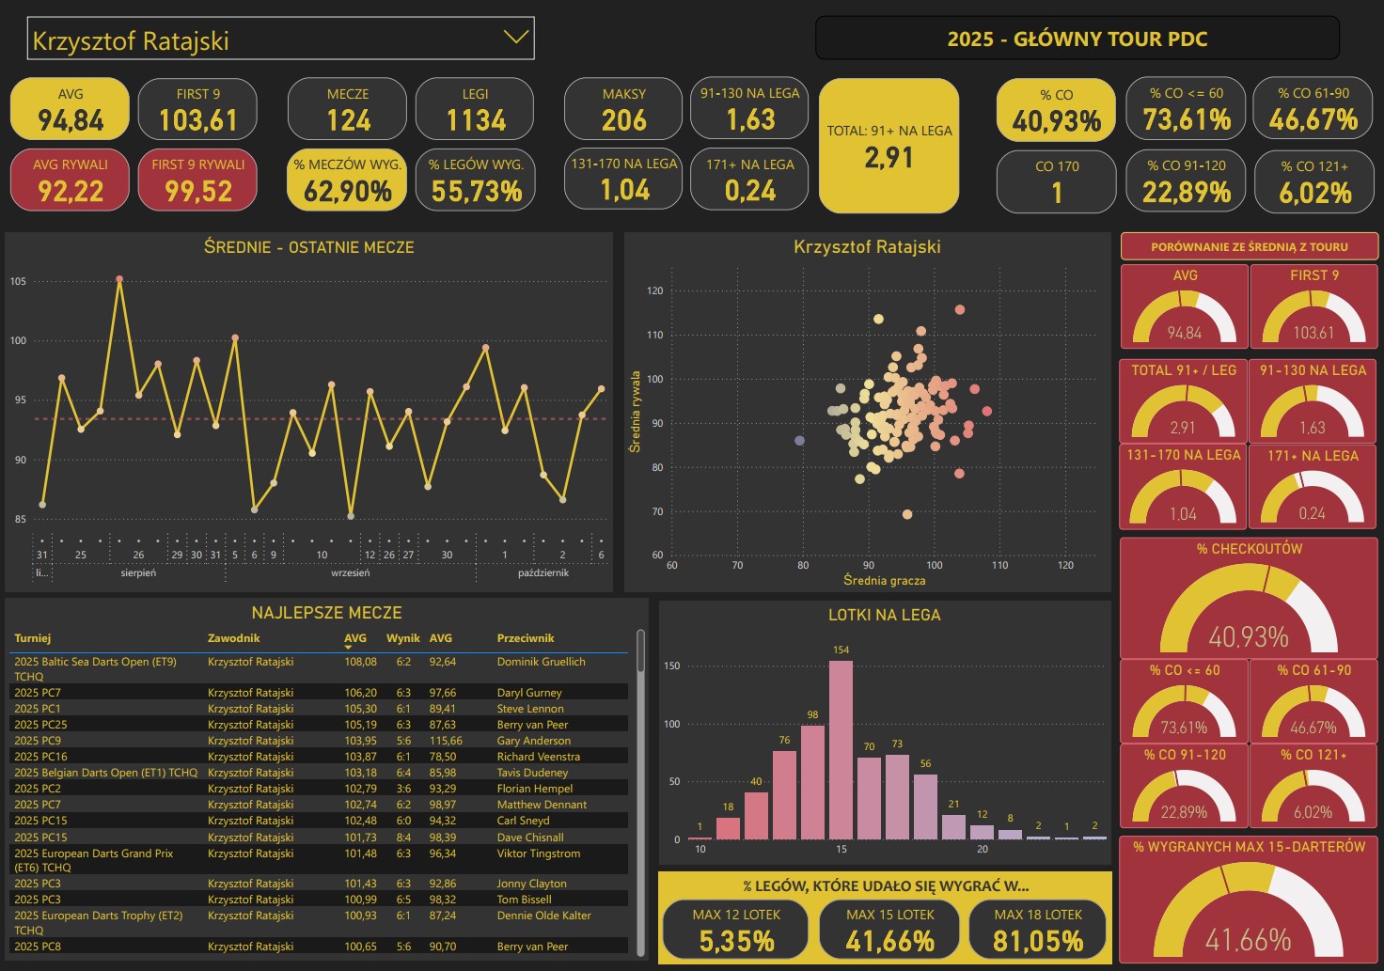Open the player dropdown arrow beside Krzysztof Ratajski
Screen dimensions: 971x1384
point(515,38)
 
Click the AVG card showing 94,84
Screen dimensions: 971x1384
point(70,109)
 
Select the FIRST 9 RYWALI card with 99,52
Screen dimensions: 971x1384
point(197,180)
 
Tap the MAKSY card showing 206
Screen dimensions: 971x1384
point(623,109)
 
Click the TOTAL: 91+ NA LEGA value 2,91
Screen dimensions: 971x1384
point(889,157)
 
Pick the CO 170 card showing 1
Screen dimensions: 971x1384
point(1057,181)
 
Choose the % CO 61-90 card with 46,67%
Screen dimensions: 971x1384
point(1313,109)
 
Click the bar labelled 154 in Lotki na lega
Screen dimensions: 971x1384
point(841,750)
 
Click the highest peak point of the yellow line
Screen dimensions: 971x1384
point(119,279)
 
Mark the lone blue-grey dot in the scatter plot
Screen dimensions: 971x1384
point(800,440)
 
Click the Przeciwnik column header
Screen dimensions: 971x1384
point(526,638)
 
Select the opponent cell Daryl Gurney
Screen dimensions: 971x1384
point(529,693)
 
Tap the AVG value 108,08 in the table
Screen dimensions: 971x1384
point(360,662)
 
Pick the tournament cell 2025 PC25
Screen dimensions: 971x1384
point(40,725)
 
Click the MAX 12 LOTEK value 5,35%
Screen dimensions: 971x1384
point(736,940)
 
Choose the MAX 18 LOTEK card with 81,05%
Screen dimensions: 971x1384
point(1038,929)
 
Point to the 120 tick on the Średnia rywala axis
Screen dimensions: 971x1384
point(655,291)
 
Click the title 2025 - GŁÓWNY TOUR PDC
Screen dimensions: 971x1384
point(1077,39)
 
